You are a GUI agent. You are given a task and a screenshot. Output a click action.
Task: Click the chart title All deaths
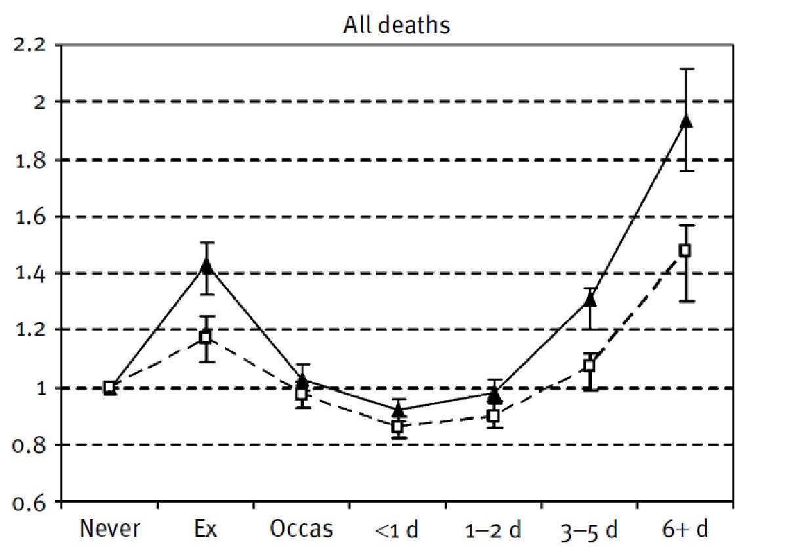click(x=396, y=26)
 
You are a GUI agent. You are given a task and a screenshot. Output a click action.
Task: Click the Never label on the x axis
click(x=108, y=529)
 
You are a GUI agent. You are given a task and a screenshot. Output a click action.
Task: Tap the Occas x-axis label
click(x=302, y=529)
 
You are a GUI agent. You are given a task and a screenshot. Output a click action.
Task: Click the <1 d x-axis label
click(x=397, y=529)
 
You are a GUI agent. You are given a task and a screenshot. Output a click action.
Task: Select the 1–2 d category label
click(x=494, y=529)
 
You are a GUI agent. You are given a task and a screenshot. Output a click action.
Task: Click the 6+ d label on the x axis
click(x=685, y=529)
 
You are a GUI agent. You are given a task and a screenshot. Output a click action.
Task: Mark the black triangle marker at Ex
click(x=206, y=266)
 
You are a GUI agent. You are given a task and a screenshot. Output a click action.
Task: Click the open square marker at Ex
click(x=205, y=337)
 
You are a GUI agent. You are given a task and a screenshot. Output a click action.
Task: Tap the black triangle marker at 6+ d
click(x=686, y=121)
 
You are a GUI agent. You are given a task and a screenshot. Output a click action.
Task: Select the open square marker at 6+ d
click(x=685, y=250)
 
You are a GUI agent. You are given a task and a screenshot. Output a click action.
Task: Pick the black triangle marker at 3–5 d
click(x=590, y=300)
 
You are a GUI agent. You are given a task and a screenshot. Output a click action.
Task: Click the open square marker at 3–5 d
click(x=589, y=365)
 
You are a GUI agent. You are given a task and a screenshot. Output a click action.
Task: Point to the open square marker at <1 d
click(x=397, y=426)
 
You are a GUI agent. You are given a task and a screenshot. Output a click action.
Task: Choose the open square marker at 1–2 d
click(x=493, y=416)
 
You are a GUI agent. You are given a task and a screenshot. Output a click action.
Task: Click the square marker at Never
click(x=110, y=388)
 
